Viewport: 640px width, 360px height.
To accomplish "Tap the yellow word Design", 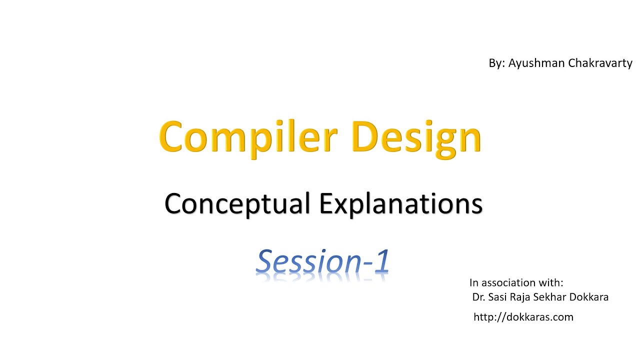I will tap(416, 137).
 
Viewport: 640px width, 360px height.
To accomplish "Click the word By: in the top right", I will tap(497, 63).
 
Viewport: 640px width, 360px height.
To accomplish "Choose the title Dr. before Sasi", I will tap(479, 297).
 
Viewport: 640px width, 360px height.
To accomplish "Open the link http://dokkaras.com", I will tap(523, 317).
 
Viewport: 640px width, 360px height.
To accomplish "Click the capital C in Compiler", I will tap(174, 137).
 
